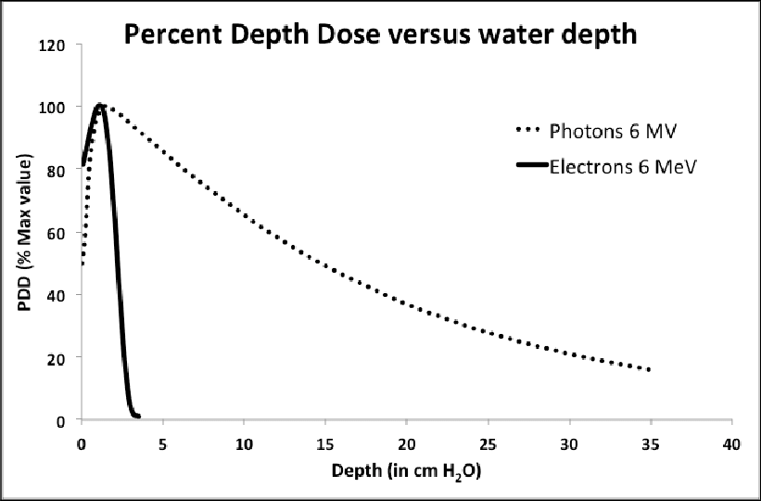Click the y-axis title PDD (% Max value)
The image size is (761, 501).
click(x=25, y=232)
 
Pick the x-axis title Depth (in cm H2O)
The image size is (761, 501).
click(x=407, y=472)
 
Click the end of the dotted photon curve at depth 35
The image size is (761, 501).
click(x=650, y=369)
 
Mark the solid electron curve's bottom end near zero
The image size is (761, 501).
click(x=138, y=417)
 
